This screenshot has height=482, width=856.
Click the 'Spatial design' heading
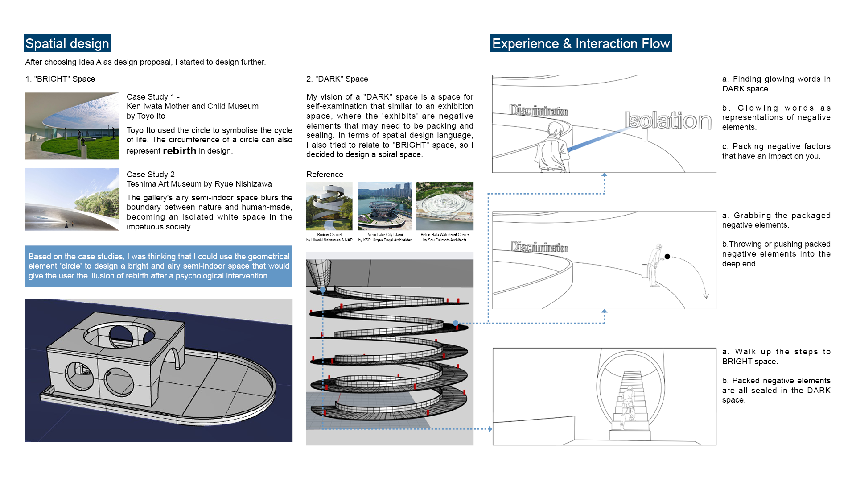pos(67,44)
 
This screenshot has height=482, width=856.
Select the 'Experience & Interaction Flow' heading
pos(580,44)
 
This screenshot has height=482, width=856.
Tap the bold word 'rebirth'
pos(179,151)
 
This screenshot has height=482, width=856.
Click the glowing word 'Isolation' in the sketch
pos(667,121)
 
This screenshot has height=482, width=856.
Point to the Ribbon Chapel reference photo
pos(329,206)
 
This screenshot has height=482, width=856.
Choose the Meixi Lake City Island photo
pos(385,206)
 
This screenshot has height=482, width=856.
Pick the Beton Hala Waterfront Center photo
pos(444,206)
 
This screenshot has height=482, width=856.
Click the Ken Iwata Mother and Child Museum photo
pos(72,126)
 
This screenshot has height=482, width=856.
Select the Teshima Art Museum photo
pos(72,199)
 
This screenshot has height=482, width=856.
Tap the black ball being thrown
pos(667,257)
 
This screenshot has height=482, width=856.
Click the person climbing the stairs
pos(628,404)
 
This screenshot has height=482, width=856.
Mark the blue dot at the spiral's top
pos(323,290)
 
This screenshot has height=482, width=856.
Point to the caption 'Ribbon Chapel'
pos(329,235)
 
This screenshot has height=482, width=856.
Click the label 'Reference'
pos(325,175)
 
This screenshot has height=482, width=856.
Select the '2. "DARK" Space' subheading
pos(337,79)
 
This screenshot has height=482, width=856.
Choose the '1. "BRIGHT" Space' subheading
pos(60,79)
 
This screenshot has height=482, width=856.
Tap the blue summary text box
pos(159,266)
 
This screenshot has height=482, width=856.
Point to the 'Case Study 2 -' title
pos(153,175)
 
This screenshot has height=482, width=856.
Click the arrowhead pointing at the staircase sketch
pos(490,429)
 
